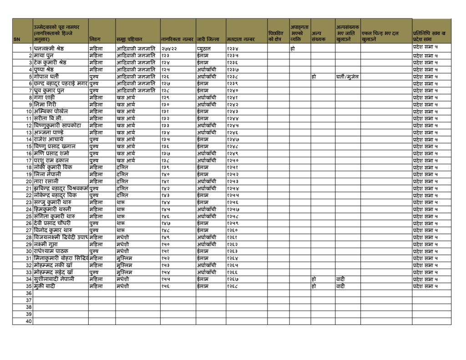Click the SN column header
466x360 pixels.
click(x=17, y=40)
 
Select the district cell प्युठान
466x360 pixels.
click(x=205, y=48)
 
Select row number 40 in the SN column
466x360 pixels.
click(x=29, y=321)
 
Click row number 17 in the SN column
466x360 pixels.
click(x=29, y=160)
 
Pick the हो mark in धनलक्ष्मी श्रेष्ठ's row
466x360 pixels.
click(x=292, y=48)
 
